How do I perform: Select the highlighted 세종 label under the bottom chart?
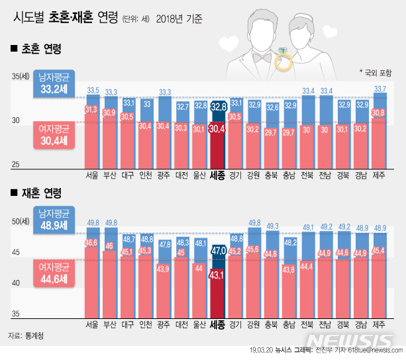tap(218, 325)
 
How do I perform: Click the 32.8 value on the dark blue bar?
tap(219, 106)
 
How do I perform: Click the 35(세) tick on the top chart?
tap(20, 78)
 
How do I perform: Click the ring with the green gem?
tap(283, 60)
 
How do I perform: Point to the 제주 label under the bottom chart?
tap(380, 325)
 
